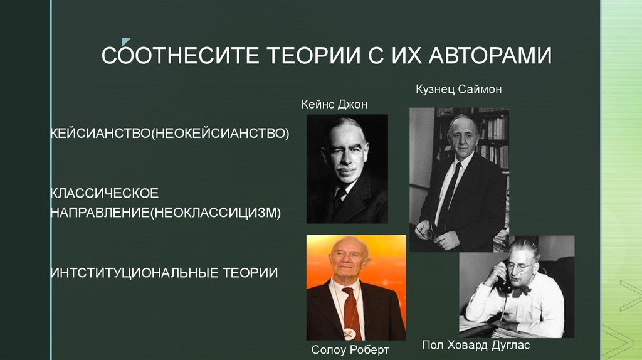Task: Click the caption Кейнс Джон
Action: pyautogui.click(x=334, y=104)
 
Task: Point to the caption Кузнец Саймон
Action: pyautogui.click(x=458, y=90)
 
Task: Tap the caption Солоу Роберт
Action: pyautogui.click(x=350, y=349)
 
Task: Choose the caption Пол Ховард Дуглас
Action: pyautogui.click(x=476, y=346)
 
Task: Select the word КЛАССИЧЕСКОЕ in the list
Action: pyautogui.click(x=105, y=191)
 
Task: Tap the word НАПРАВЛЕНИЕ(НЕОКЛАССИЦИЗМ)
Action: pyautogui.click(x=166, y=213)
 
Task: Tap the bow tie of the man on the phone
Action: pyautogui.click(x=520, y=290)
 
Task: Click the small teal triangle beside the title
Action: pyautogui.click(x=126, y=40)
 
